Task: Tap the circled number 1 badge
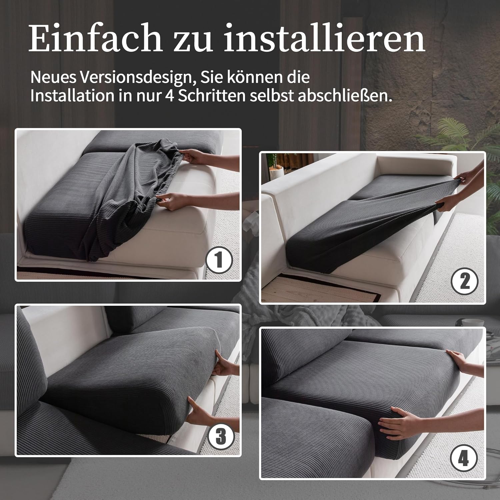219,260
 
